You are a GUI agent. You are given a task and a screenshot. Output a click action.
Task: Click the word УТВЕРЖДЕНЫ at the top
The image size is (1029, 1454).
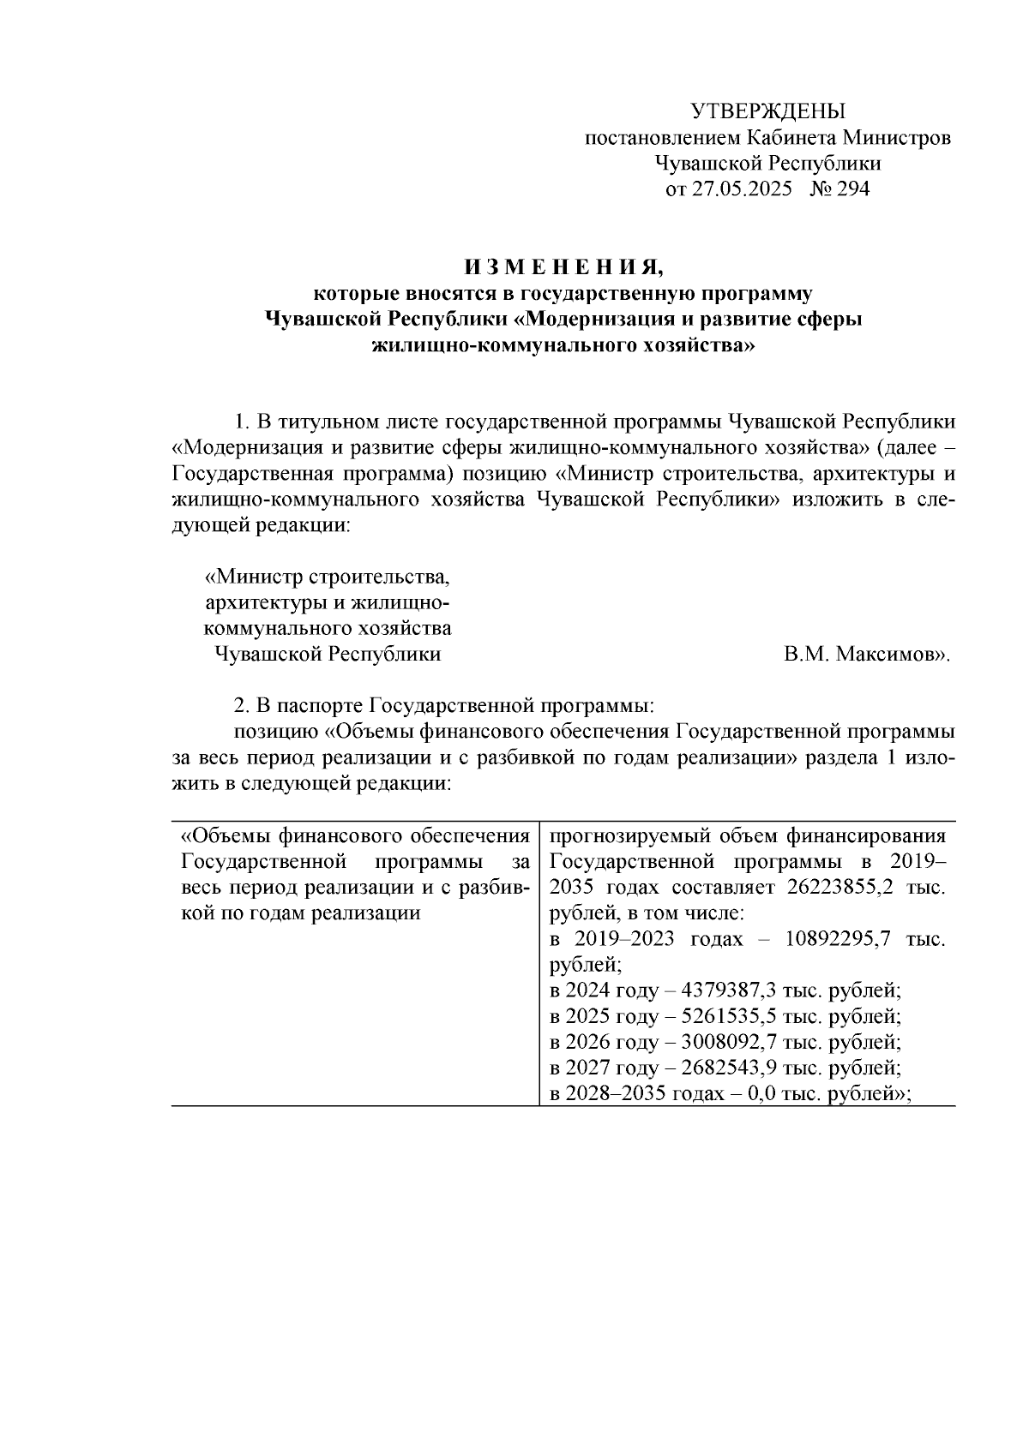(x=767, y=111)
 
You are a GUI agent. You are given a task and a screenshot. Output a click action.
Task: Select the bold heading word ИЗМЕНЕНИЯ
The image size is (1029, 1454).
(x=563, y=267)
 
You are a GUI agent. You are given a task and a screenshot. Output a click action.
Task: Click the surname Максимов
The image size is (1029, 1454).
(x=891, y=655)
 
